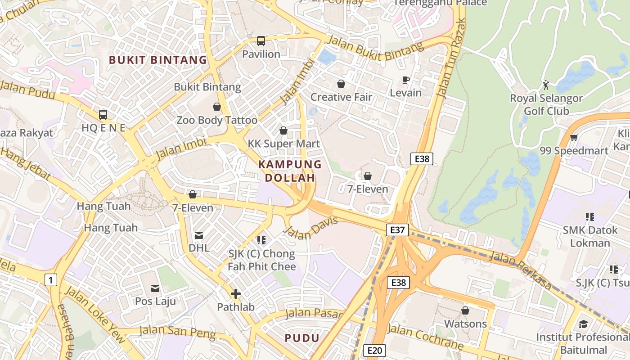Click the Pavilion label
[x=261, y=54]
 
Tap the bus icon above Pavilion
[x=261, y=41]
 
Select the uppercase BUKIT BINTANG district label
[x=158, y=60]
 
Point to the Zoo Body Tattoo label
[x=217, y=120]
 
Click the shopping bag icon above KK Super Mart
[x=283, y=130]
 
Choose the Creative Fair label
[x=341, y=97]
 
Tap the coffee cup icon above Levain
[x=406, y=80]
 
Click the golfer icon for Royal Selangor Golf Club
[x=546, y=85]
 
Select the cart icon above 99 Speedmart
[x=574, y=138]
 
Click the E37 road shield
[x=397, y=230]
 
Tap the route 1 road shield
[x=51, y=280]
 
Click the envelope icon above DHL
[x=199, y=235]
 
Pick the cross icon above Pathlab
[x=236, y=294]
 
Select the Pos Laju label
[x=156, y=301]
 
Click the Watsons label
[x=465, y=324]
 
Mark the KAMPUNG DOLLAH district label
[x=290, y=171]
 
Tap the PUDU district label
[x=302, y=338]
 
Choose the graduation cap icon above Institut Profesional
[x=583, y=324]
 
